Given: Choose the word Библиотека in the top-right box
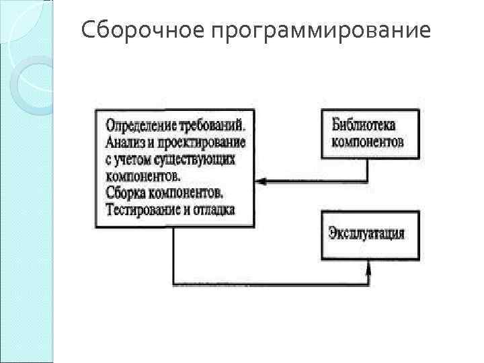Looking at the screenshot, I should pyautogui.click(x=363, y=126).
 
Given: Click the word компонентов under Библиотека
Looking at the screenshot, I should pyautogui.click(x=368, y=143).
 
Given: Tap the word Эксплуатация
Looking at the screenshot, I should pyautogui.click(x=366, y=234).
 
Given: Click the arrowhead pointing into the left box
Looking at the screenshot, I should pyautogui.click(x=261, y=180).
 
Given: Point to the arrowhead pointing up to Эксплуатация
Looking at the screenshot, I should pyautogui.click(x=368, y=267).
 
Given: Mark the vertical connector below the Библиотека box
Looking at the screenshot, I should pyautogui.click(x=368, y=169).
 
